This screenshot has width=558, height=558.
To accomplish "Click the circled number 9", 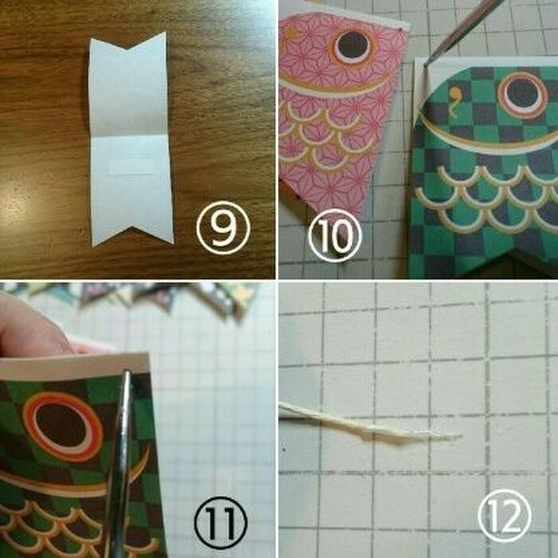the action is [x=223, y=228].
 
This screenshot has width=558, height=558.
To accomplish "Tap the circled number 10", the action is [x=335, y=235].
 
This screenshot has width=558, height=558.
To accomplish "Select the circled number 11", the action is [x=221, y=523].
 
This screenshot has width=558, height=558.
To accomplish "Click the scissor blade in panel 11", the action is [x=120, y=462].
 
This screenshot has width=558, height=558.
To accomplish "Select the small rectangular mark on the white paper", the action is [x=130, y=167].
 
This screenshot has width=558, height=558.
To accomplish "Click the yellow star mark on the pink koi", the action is [x=292, y=33].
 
